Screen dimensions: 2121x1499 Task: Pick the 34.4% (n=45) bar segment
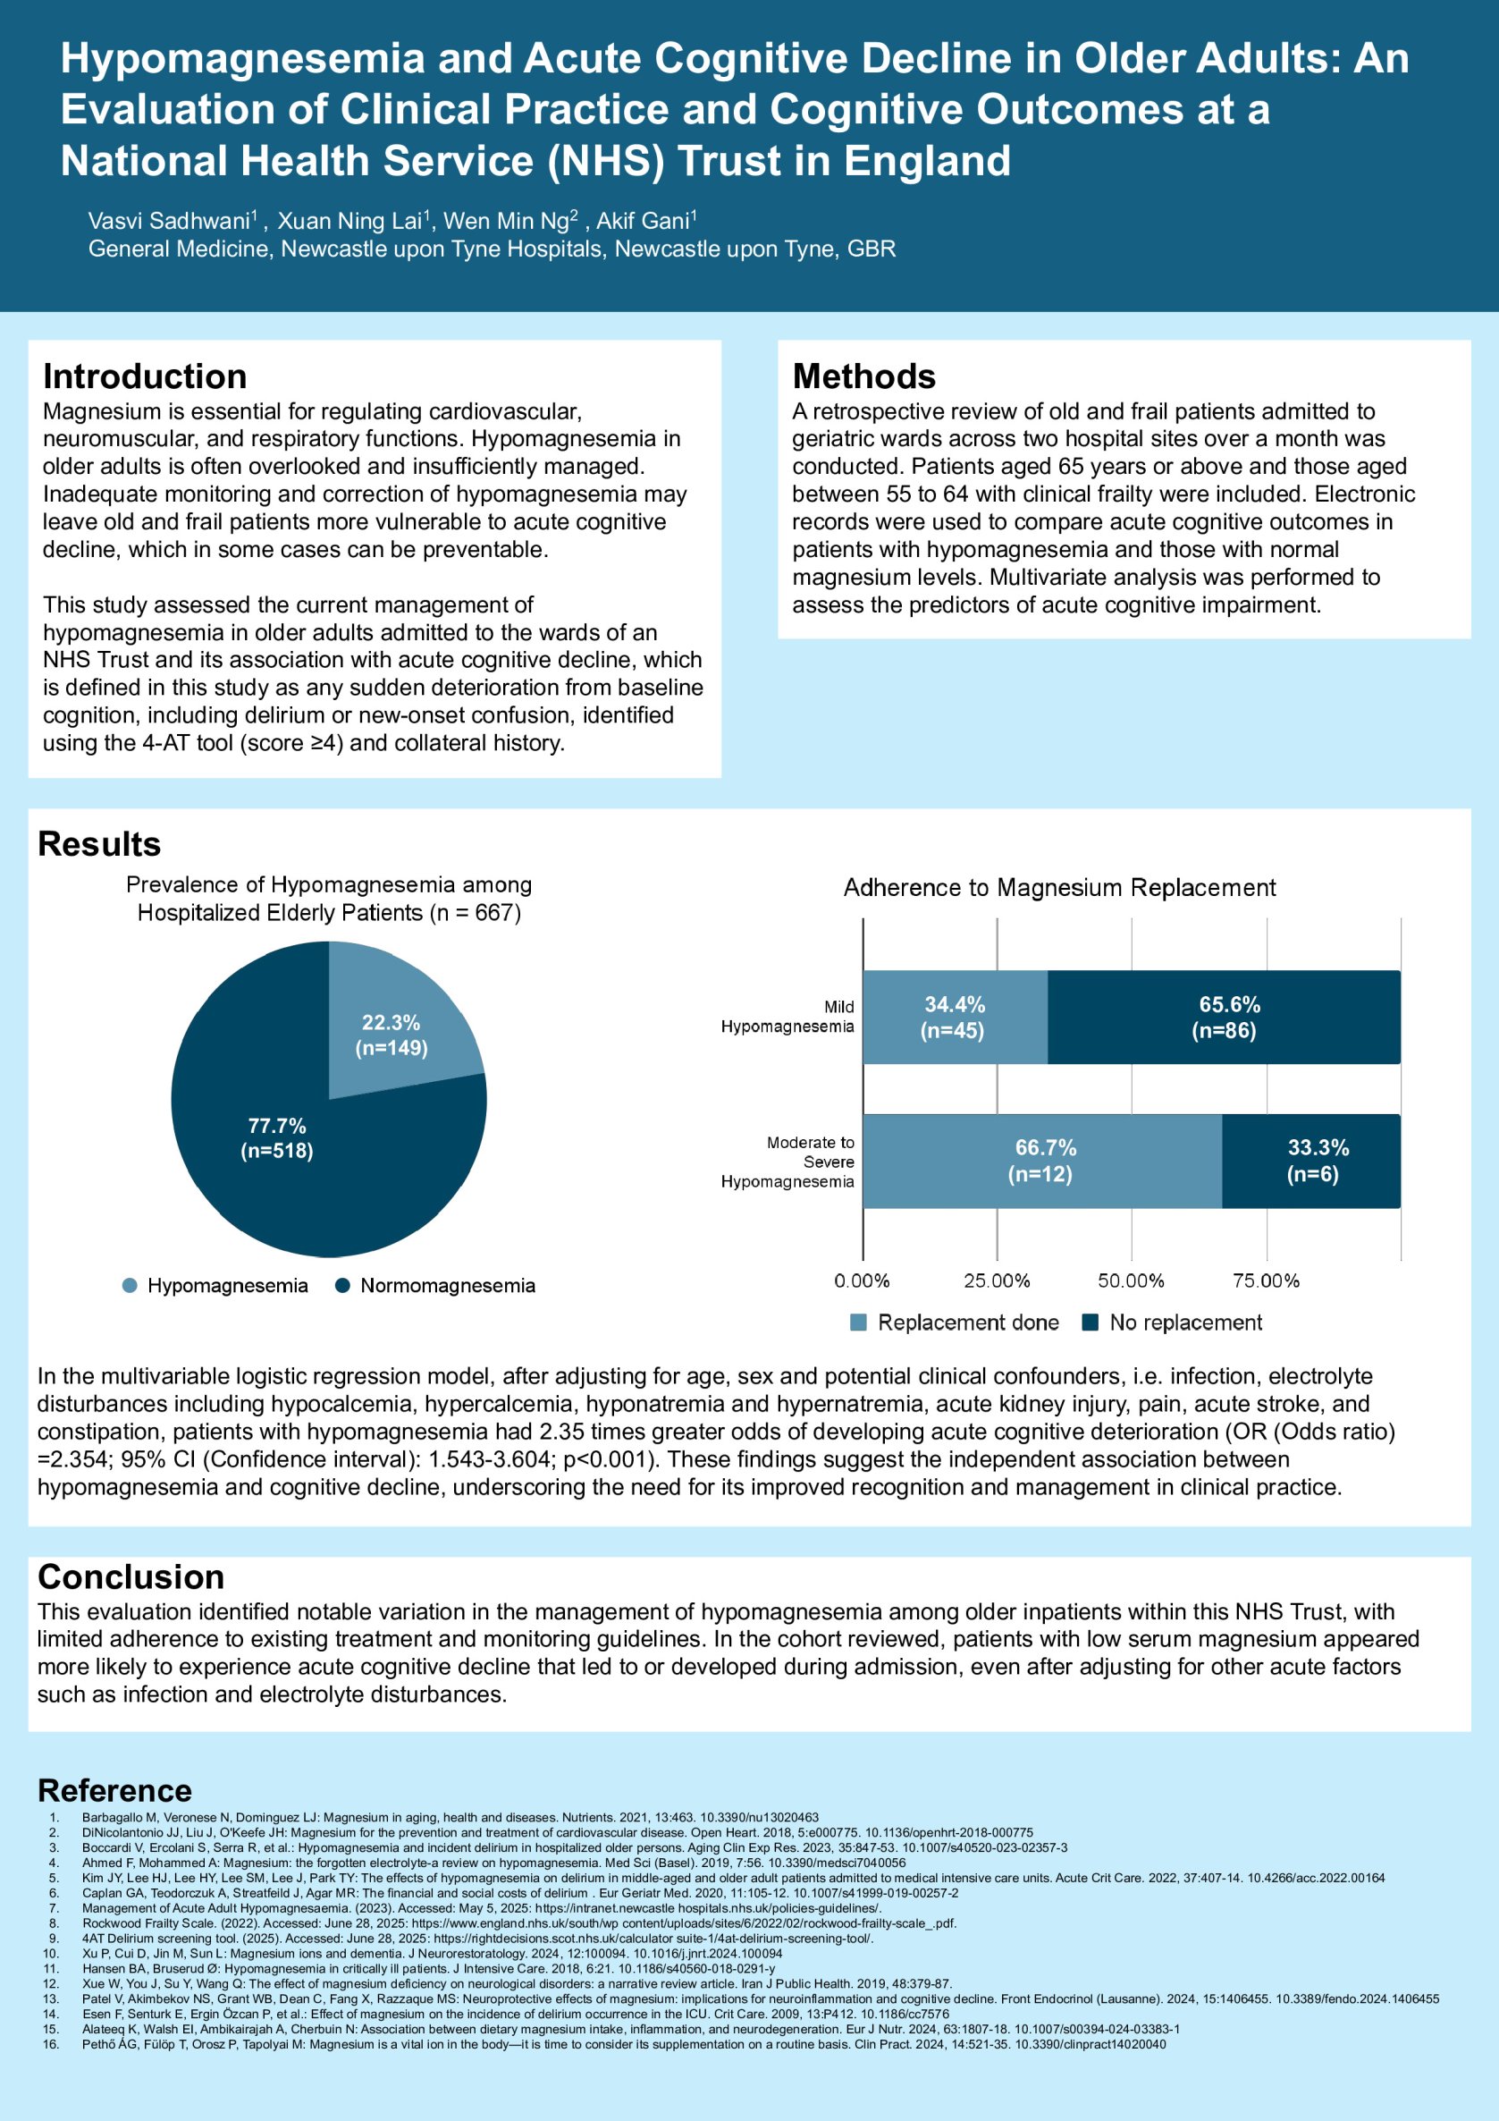click(954, 1017)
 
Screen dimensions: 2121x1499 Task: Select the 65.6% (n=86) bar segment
click(1225, 1017)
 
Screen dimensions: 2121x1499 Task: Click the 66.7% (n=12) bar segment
click(1043, 1161)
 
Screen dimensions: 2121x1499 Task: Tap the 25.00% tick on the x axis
click(997, 1280)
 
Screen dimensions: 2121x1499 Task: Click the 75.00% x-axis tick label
click(1266, 1280)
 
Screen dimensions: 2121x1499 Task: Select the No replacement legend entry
click(1172, 1322)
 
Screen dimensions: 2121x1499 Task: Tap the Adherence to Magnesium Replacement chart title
click(1059, 888)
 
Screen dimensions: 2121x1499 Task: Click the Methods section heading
click(863, 376)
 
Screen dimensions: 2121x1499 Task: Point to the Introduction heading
click(145, 376)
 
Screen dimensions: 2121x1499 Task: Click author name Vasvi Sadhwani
click(170, 221)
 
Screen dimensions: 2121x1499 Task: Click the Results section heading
click(99, 843)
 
